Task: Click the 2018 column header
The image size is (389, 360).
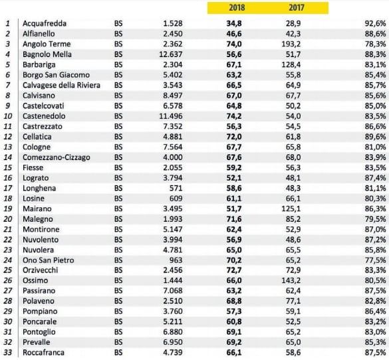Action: coord(237,8)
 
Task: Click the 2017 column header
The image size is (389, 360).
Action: coord(296,8)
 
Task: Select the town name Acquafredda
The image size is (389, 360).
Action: coord(45,23)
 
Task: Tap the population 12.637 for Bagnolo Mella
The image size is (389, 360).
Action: coord(171,54)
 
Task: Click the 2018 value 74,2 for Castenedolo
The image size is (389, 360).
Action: coord(234,116)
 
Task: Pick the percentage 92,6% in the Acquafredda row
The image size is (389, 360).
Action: coord(375,23)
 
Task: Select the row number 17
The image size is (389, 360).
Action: coord(8,188)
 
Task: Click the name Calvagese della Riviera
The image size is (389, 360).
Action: coord(61,85)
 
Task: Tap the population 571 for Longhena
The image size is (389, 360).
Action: coord(176,188)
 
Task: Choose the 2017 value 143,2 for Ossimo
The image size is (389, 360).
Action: coord(291,280)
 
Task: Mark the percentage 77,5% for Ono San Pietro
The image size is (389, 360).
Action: coord(375,260)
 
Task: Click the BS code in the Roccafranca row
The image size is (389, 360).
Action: coord(118,352)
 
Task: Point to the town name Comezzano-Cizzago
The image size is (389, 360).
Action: coord(57,157)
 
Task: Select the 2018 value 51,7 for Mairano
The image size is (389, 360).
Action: coord(234,209)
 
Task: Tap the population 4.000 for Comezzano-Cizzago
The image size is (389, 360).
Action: coord(173,157)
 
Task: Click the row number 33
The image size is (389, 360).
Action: coord(8,352)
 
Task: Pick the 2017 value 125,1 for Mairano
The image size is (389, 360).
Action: coord(291,209)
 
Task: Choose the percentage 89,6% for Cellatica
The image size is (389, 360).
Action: coord(375,137)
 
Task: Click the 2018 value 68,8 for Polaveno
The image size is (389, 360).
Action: coord(234,301)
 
